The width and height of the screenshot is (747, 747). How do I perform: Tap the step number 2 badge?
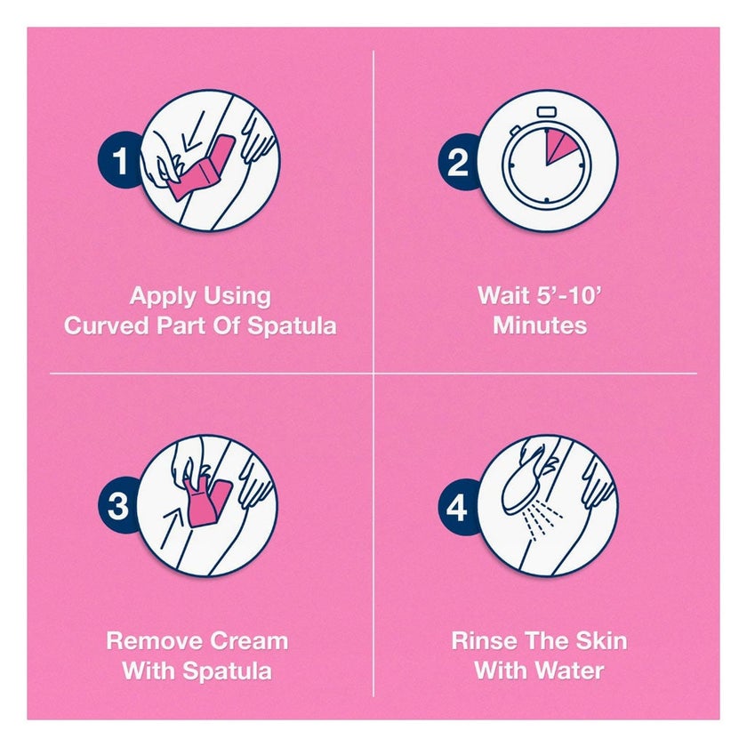pyautogui.click(x=458, y=162)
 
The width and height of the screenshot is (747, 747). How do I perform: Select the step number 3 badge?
pyautogui.click(x=117, y=505)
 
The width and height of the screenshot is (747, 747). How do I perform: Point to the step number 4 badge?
pyautogui.click(x=457, y=507)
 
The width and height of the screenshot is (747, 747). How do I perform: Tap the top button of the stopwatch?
pyautogui.click(x=547, y=112)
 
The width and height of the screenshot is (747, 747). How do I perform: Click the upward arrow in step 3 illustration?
pyautogui.click(x=172, y=529)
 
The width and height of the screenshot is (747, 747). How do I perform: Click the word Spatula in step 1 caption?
pyautogui.click(x=292, y=327)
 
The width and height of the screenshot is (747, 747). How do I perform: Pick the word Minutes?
pyautogui.click(x=540, y=325)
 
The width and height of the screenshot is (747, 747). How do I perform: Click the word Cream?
pyautogui.click(x=249, y=641)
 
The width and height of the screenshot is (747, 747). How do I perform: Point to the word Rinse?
pyautogui.click(x=481, y=641)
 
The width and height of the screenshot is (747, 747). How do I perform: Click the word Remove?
pyautogui.click(x=155, y=641)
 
